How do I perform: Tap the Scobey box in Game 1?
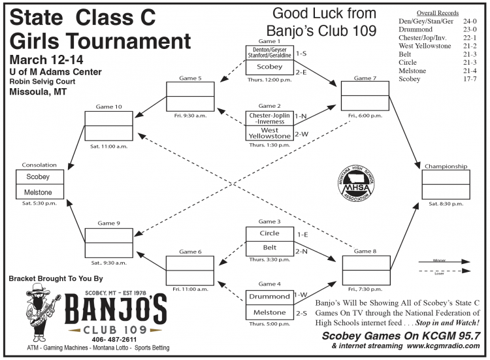click(269, 67)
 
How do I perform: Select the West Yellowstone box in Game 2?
click(269, 134)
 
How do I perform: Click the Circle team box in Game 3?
click(269, 233)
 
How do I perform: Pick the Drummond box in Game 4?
click(269, 297)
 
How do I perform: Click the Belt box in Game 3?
click(269, 249)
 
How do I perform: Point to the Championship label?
click(446, 166)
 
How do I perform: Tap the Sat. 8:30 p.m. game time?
click(446, 205)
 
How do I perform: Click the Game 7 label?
click(365, 78)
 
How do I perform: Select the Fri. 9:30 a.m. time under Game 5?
click(190, 116)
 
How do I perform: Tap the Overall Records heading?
click(437, 12)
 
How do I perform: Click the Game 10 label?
click(108, 106)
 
